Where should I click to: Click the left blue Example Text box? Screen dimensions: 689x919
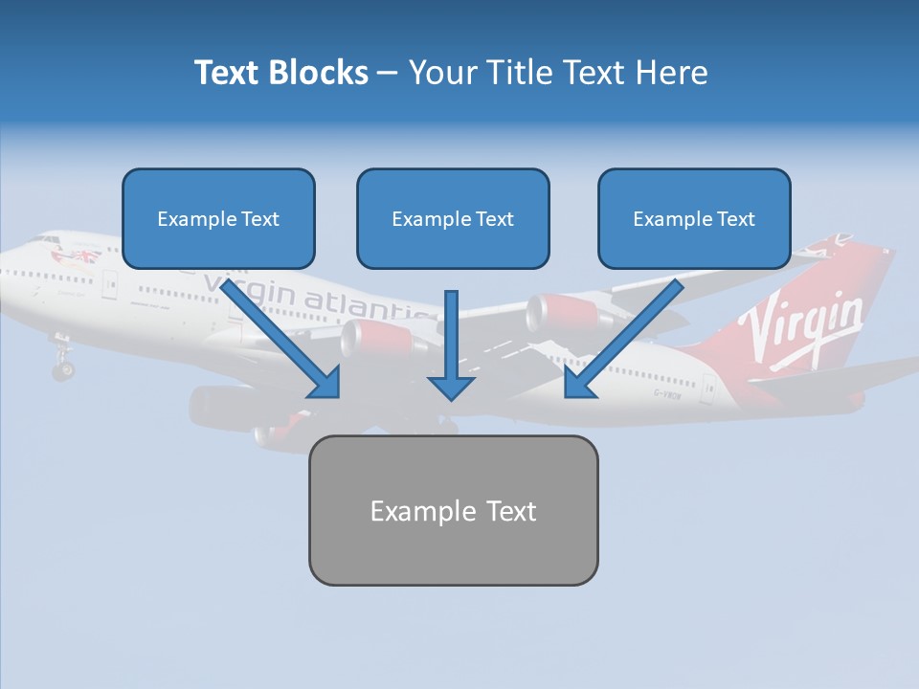coord(218,218)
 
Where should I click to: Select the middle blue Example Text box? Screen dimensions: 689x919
coord(453,218)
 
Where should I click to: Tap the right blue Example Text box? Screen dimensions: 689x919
coord(694,218)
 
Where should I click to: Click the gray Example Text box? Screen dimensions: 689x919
coord(453,510)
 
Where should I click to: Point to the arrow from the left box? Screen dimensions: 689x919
coord(282,335)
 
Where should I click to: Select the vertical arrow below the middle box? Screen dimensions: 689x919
coord(451,344)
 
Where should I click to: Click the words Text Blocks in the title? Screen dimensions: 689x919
coord(280,73)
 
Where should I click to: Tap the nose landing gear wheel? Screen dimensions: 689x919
coord(63,368)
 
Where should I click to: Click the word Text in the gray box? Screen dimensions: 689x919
coord(510,510)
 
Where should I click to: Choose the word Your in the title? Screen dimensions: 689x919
coord(442,73)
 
